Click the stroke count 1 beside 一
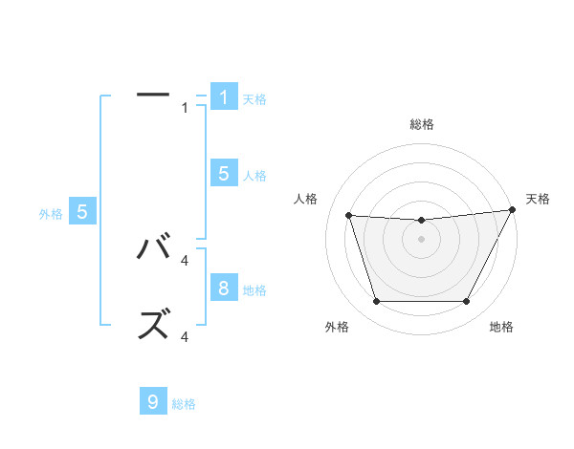(x=186, y=107)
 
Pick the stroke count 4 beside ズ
(x=186, y=336)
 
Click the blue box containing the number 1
(x=224, y=96)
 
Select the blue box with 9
(x=153, y=401)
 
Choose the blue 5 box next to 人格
(x=224, y=173)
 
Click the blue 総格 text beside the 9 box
(x=184, y=404)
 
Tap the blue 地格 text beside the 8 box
(x=254, y=289)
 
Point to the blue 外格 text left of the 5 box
(x=51, y=214)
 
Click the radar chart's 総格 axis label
(x=421, y=124)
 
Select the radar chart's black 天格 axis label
(x=538, y=199)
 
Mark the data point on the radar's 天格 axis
(x=512, y=210)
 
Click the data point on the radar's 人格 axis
(x=348, y=215)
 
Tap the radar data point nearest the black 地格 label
(x=467, y=302)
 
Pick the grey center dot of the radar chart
(x=421, y=239)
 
